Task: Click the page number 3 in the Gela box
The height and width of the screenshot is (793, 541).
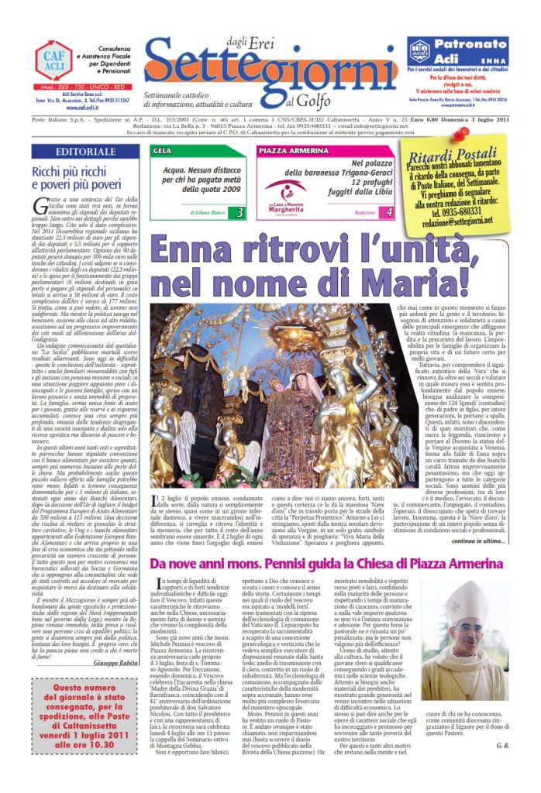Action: click(240, 211)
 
